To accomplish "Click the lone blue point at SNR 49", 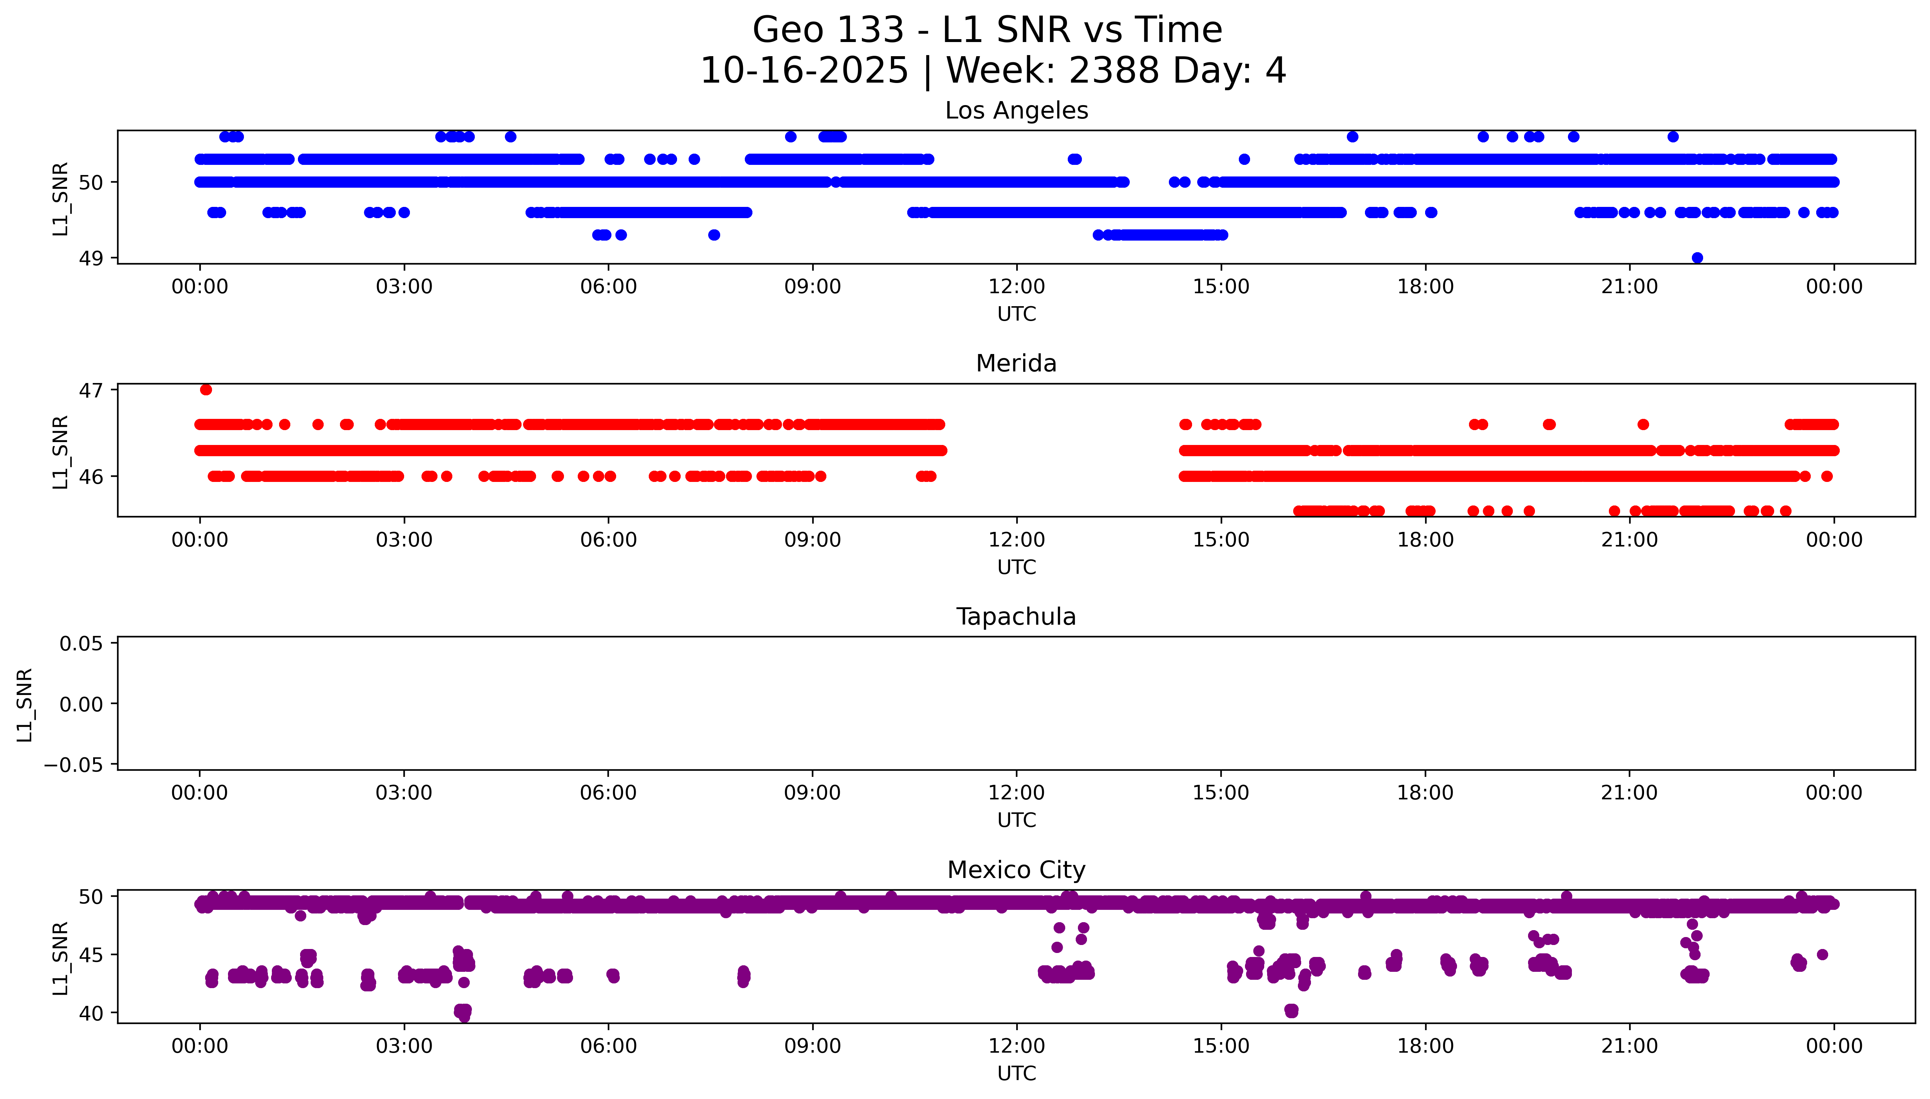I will tap(1698, 258).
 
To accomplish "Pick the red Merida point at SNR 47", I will tap(206, 390).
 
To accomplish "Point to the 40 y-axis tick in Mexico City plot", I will tap(91, 1013).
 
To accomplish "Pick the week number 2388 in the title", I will tap(1114, 71).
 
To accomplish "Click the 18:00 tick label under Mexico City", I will tap(1425, 1046).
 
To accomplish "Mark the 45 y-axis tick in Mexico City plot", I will tap(91, 955).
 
